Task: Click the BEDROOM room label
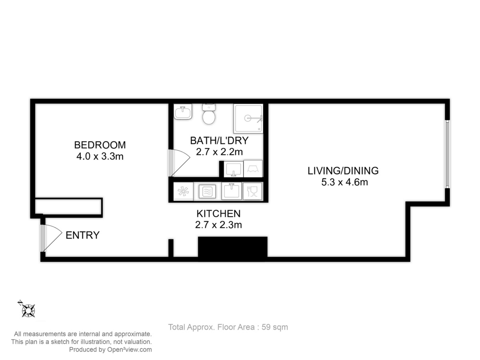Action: (100, 145)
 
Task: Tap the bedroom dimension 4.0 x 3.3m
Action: (100, 156)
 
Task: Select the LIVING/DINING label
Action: (343, 171)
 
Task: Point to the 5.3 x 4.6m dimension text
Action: (345, 182)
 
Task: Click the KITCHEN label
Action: (218, 214)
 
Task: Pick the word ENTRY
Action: (83, 235)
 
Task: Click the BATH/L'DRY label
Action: (219, 140)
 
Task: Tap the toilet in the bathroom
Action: (209, 114)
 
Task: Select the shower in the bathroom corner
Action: (248, 118)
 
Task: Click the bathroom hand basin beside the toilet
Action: (183, 112)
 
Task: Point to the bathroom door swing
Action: (179, 163)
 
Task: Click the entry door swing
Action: (51, 238)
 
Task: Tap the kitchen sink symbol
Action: (232, 191)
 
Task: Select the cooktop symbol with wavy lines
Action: (207, 192)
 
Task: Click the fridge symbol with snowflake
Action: (183, 192)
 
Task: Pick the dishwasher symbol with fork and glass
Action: (252, 191)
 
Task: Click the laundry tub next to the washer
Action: (234, 169)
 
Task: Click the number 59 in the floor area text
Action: (266, 327)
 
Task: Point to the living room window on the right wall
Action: (448, 154)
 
